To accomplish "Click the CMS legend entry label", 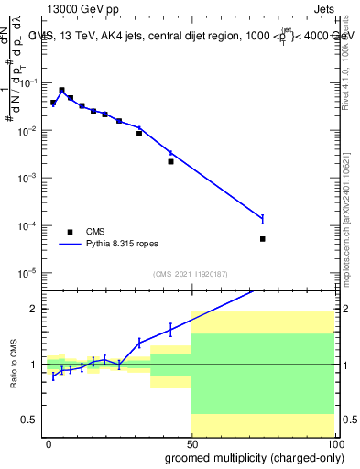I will [93, 233].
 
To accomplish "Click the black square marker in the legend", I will [69, 233].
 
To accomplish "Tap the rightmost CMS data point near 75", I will [262, 239].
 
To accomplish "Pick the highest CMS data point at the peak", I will [61, 91].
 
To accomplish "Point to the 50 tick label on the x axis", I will [191, 443].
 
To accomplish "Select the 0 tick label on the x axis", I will [48, 443].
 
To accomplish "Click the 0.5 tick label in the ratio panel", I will [28, 420].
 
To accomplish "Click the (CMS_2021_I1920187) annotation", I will [190, 273].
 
